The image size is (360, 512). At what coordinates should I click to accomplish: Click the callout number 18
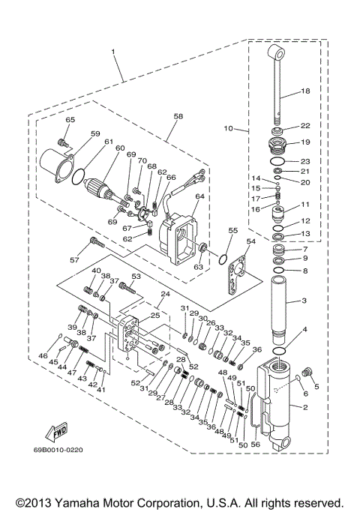tap(305, 91)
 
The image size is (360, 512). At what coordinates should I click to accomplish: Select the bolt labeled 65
tap(63, 140)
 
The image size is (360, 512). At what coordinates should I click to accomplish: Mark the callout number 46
tap(43, 355)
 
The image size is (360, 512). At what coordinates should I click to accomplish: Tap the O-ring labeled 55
tap(221, 259)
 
